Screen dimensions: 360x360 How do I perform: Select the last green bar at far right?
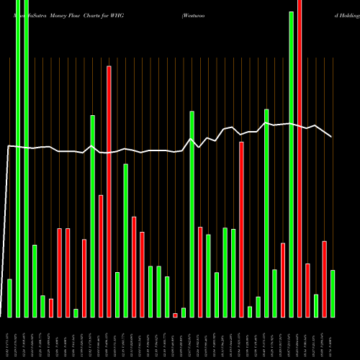pyautogui.click(x=333, y=293)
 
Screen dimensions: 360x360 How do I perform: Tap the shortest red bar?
pyautogui.click(x=175, y=315)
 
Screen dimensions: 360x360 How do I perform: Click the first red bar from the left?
pyautogui.click(x=51, y=307)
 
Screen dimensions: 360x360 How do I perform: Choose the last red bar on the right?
pyautogui.click(x=324, y=279)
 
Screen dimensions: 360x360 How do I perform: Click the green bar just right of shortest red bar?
pyautogui.click(x=184, y=312)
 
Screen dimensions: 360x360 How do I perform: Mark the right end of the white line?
pyautogui.click(x=332, y=137)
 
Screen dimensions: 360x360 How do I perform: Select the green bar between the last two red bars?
pyautogui.click(x=316, y=305)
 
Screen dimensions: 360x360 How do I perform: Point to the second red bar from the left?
pyautogui.click(x=59, y=272)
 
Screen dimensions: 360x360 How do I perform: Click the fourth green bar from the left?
pyautogui.click(x=35, y=281)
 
